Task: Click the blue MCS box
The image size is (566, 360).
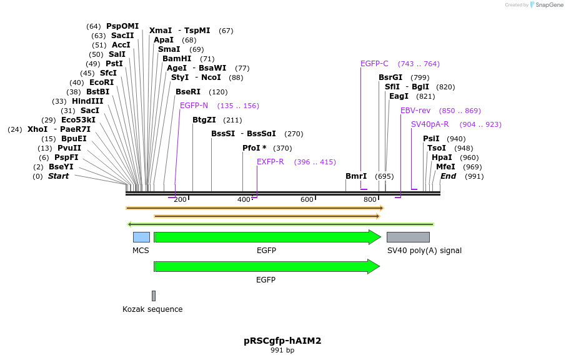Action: pos(141,237)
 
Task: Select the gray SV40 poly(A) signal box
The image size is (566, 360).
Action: pos(408,237)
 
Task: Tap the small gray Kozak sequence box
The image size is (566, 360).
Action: pos(154,296)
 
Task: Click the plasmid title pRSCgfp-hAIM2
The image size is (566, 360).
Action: pos(282,341)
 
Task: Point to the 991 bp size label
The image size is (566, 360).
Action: pos(282,351)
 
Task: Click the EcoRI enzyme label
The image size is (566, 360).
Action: pos(101,82)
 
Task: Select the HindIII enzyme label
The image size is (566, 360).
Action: pos(87,101)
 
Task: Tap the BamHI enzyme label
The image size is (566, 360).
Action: pos(177,59)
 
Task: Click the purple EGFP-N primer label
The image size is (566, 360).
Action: pos(194,106)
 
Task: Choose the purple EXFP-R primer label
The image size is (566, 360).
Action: pos(271,162)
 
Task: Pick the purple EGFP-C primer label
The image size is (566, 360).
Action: pos(374,64)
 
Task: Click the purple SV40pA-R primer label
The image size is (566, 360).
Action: pos(430,124)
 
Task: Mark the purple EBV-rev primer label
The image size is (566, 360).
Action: pos(415,111)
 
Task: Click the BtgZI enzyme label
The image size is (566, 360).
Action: pos(204,120)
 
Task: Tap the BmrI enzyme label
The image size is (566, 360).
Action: pos(356,176)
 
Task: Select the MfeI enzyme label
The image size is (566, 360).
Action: pos(445,167)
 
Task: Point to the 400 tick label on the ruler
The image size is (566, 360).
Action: pos(244,199)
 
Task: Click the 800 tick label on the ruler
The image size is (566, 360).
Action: pos(370,199)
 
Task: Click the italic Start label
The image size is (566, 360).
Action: pos(58,176)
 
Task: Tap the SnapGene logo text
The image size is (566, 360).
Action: pos(549,5)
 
